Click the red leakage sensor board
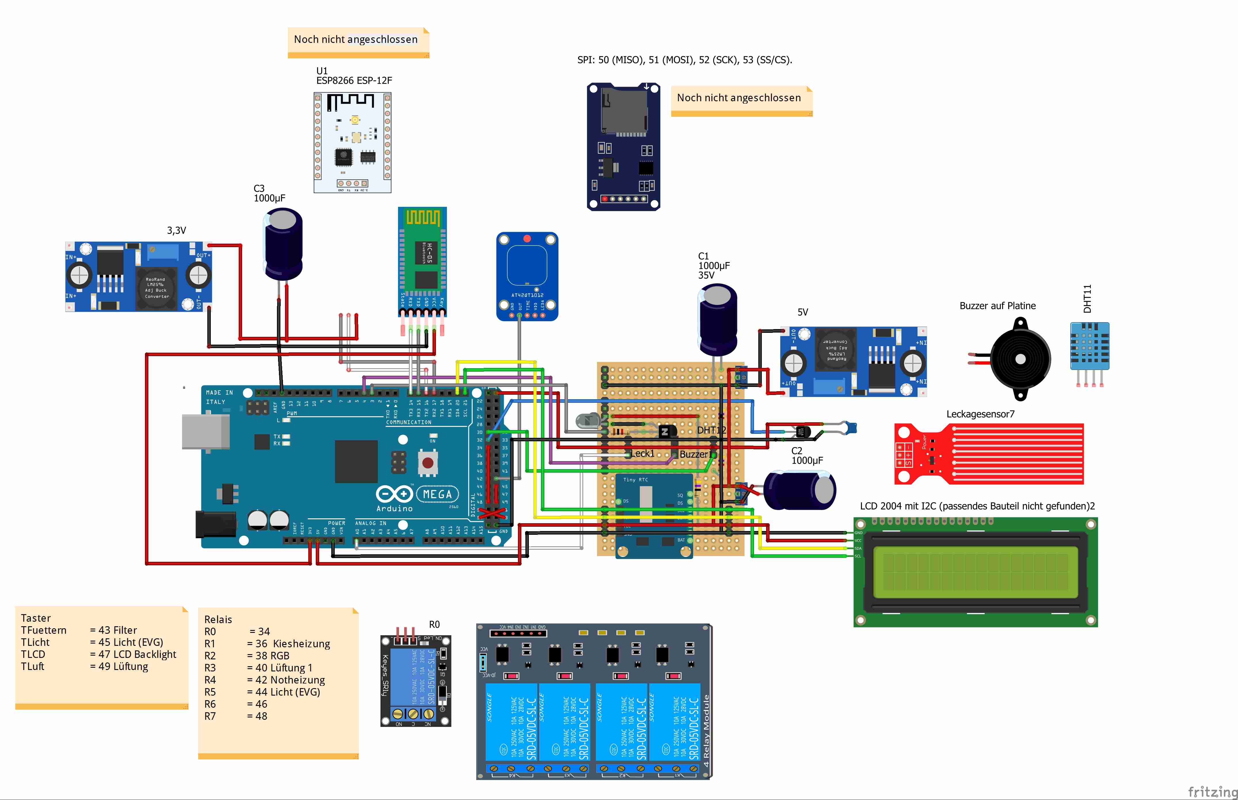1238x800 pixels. point(988,454)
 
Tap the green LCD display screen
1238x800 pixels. point(975,571)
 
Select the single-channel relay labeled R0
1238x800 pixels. point(416,681)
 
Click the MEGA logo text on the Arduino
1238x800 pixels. point(437,494)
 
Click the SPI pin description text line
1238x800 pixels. point(684,60)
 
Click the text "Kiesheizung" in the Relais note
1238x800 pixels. point(301,644)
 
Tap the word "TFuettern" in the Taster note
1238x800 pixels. point(44,630)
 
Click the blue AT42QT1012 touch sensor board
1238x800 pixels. point(527,275)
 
